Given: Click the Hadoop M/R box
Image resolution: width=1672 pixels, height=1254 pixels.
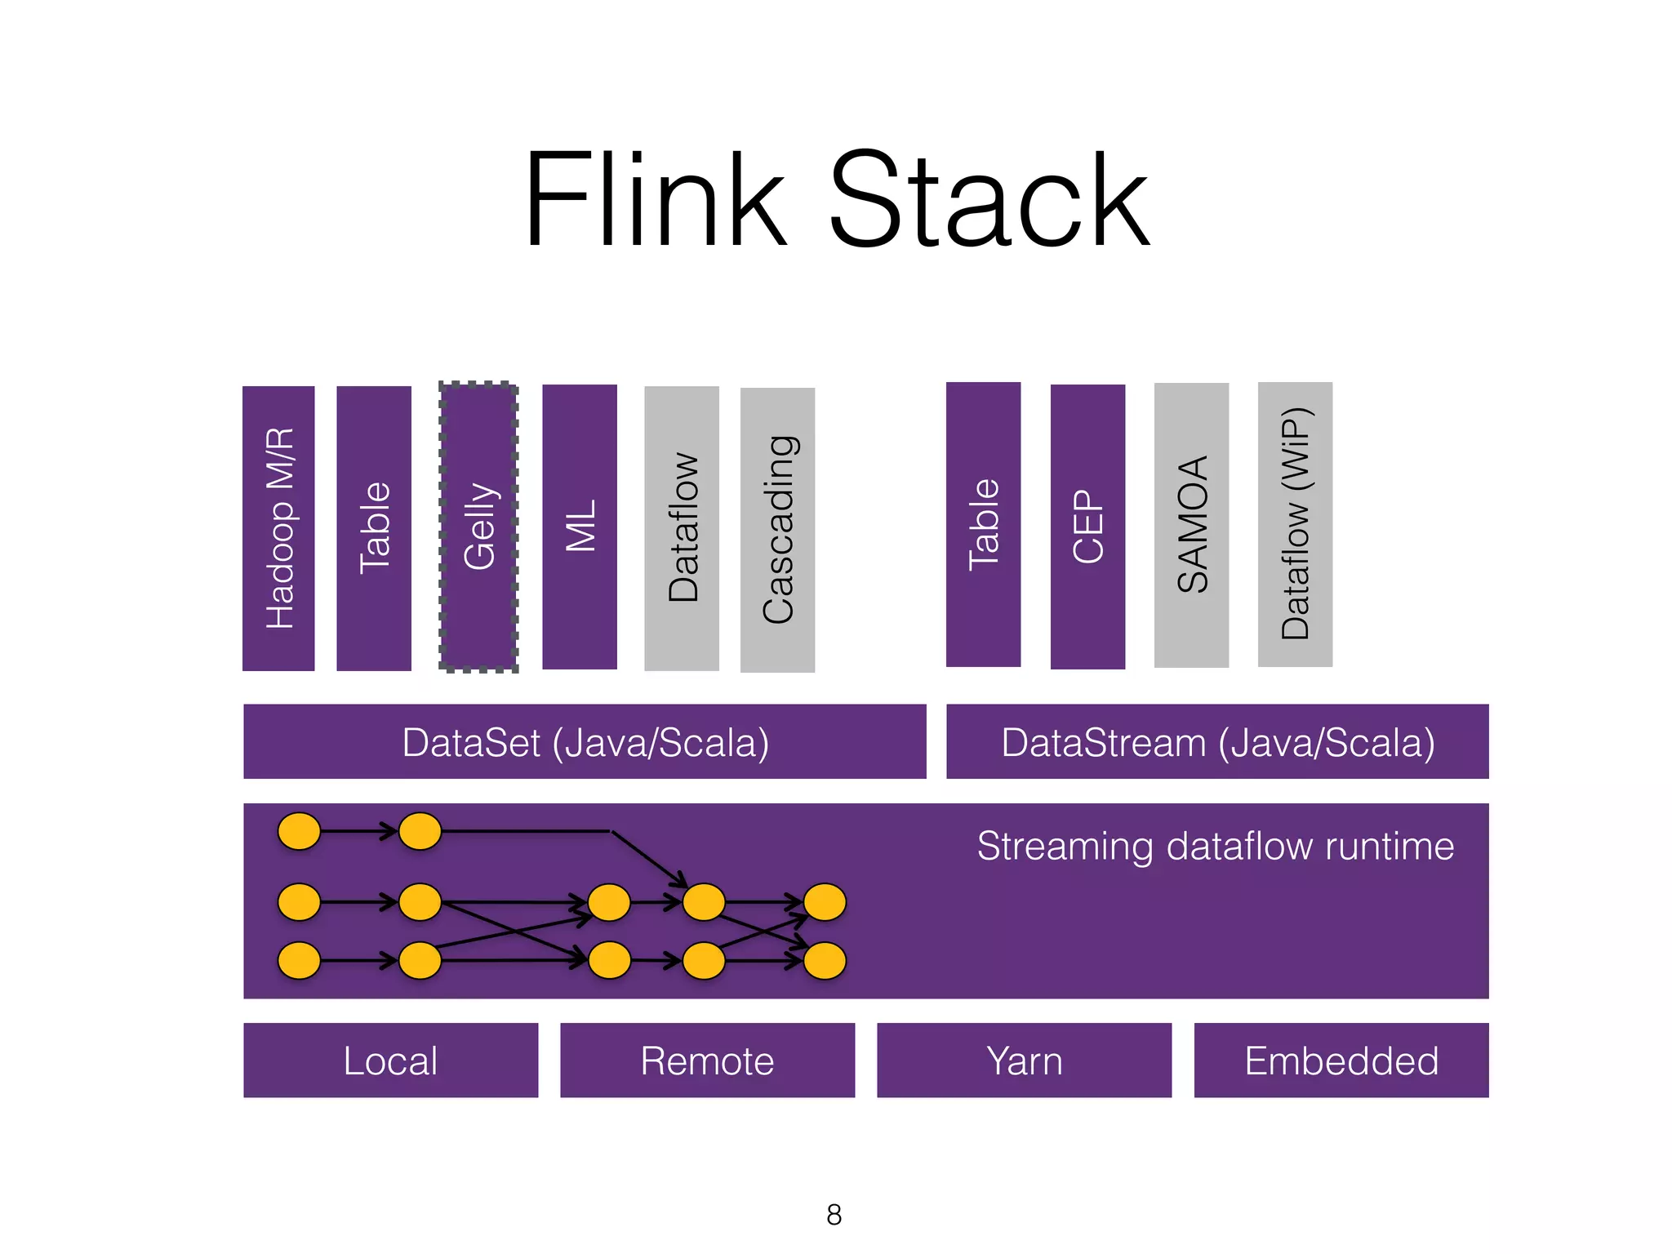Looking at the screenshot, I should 278,528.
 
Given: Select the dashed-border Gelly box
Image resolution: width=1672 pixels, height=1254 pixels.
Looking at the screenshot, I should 479,527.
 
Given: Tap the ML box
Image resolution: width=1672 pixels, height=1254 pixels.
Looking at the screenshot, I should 580,527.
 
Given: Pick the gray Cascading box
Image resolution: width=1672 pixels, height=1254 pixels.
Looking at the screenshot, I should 777,530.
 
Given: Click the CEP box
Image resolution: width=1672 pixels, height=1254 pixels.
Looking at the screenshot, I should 1087,527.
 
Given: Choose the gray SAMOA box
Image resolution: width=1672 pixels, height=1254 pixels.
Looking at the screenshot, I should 1191,525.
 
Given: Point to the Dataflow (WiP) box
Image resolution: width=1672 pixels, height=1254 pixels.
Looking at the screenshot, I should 1295,524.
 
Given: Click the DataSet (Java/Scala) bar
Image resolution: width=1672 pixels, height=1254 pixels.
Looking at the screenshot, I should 585,741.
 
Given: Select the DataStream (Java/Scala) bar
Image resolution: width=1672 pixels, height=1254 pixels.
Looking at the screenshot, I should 1217,741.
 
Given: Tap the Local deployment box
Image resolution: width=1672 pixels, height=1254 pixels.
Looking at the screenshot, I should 390,1060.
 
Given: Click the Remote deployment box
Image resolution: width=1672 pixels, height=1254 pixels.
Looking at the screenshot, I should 707,1060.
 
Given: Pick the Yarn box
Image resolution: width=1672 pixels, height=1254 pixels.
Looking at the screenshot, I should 1024,1060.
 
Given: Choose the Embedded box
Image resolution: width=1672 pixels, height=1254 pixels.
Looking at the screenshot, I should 1341,1060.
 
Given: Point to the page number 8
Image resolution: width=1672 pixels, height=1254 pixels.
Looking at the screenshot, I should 834,1215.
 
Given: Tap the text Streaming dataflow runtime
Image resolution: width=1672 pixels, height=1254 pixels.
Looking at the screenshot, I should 1215,846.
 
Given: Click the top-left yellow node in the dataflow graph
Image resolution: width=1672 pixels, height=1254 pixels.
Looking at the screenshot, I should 299,831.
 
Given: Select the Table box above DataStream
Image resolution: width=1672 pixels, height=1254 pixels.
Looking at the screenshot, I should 983,524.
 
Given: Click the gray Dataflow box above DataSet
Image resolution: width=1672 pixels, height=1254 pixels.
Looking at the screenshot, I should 682,528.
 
